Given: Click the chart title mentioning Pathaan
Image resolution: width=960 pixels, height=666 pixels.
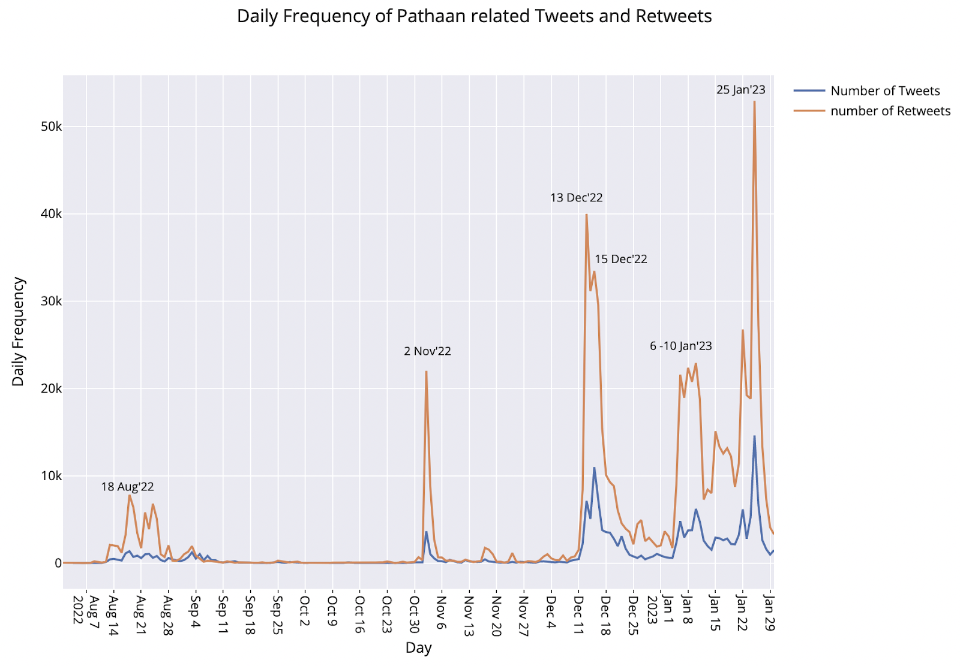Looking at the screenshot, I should [474, 16].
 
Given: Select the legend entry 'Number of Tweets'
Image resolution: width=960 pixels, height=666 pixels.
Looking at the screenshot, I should [884, 91].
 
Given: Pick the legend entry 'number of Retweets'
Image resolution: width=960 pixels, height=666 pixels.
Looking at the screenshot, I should [890, 111].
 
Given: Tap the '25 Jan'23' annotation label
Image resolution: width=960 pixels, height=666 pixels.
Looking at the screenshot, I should [741, 90].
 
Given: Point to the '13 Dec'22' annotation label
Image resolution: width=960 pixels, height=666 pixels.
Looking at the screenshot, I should [576, 198].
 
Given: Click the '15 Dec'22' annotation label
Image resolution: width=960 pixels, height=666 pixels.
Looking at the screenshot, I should [621, 260].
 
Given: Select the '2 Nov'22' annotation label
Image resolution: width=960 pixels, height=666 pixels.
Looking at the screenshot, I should [427, 351].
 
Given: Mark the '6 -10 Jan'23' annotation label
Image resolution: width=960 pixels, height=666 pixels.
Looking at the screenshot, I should [681, 346].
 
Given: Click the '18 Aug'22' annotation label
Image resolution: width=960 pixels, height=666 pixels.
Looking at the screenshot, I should [127, 487].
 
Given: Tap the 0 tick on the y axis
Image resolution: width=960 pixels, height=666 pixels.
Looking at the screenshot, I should [58, 563].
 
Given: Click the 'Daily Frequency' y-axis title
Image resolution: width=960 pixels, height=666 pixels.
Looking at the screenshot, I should [19, 331].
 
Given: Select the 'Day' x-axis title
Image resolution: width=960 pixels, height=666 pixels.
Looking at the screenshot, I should [418, 647].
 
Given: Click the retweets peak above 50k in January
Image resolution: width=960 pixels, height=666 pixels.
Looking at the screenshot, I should [754, 102].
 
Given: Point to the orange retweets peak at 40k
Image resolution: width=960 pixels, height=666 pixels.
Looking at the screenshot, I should [586, 215].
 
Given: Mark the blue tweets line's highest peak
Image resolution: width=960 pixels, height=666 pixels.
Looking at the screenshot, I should [754, 436].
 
